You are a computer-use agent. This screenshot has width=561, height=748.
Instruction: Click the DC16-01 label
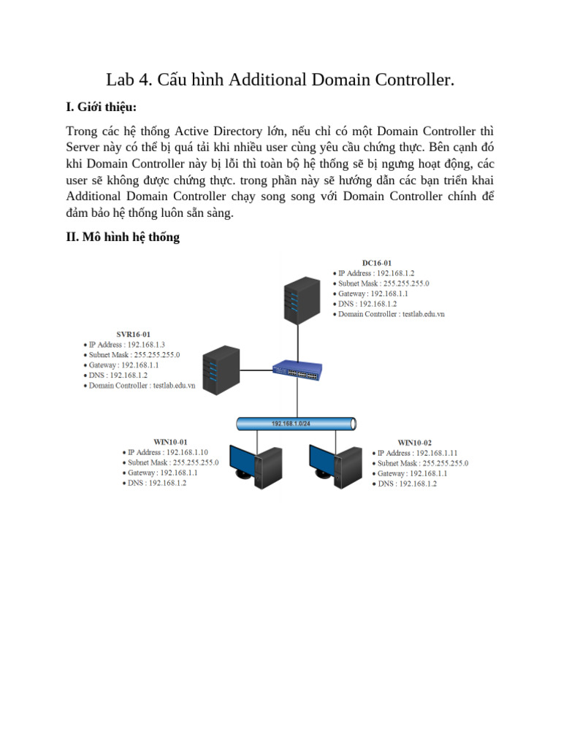click(x=377, y=263)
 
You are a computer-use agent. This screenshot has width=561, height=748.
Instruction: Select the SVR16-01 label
click(x=134, y=334)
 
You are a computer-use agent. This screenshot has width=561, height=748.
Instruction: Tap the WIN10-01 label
click(x=170, y=442)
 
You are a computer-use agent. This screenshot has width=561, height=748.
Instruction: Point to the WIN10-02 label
click(x=414, y=443)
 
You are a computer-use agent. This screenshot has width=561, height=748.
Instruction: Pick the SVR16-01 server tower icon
click(x=221, y=370)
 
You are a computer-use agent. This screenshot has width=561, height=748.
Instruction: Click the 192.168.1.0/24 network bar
click(x=297, y=424)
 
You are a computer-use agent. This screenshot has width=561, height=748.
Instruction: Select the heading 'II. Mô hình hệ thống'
click(x=123, y=237)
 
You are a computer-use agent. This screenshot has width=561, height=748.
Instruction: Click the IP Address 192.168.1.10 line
click(x=167, y=452)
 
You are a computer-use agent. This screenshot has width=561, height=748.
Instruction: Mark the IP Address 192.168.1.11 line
click(x=417, y=453)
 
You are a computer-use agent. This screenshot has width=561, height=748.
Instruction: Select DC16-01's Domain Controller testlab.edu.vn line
click(x=391, y=314)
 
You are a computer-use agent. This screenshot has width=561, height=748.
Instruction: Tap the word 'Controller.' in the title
click(x=416, y=80)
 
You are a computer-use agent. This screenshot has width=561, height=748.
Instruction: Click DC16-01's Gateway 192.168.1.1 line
click(x=373, y=294)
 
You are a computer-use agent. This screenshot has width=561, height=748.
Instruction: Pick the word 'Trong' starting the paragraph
click(x=83, y=131)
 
